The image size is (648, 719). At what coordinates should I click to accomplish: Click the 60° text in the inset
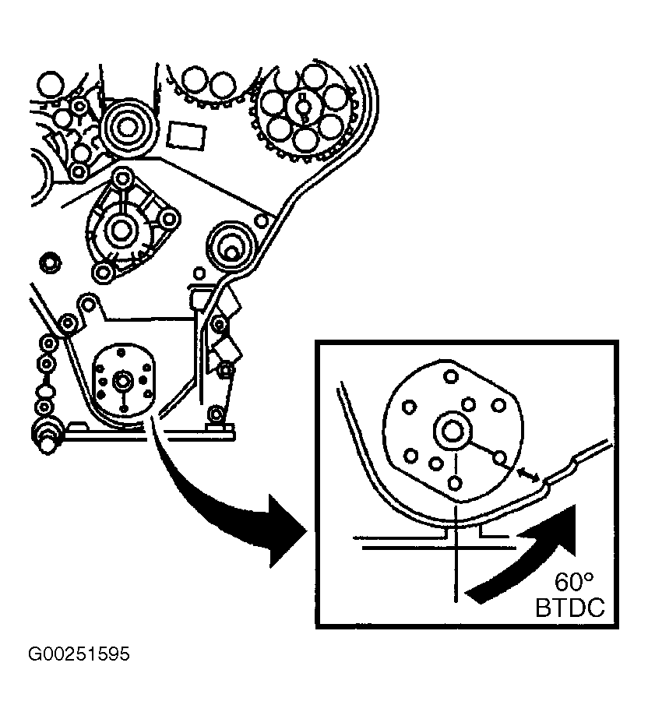point(574,583)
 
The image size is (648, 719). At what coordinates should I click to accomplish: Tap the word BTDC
point(569,608)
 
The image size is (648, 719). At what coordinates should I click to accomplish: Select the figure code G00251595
point(79,654)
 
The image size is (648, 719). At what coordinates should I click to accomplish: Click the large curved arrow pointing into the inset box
point(226,506)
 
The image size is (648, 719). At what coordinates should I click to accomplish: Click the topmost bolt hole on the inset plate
point(450,377)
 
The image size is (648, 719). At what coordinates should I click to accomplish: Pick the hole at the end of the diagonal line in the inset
point(501,457)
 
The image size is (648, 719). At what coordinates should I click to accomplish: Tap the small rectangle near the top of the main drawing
point(185,133)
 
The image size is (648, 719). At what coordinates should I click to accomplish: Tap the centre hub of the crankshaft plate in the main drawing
point(122,382)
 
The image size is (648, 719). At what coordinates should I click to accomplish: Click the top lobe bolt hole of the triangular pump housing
point(121,178)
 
